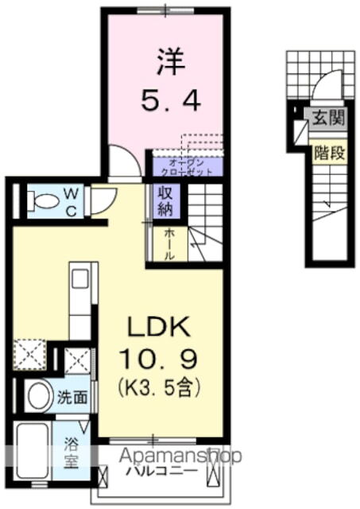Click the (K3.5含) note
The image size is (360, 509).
(159, 389)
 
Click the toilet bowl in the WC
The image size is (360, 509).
(45, 202)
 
